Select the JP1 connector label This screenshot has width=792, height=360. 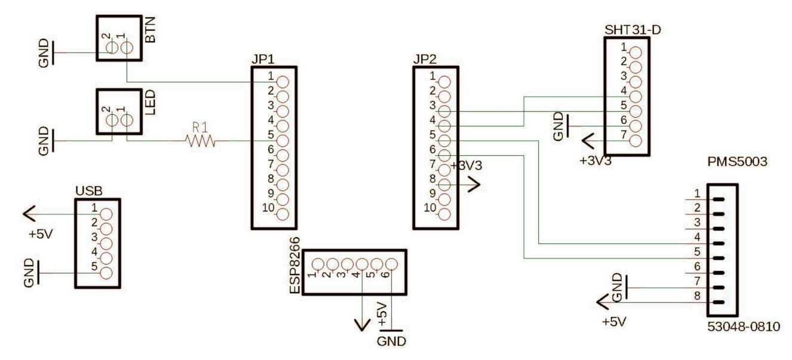point(263,61)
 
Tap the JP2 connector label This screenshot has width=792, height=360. point(424,61)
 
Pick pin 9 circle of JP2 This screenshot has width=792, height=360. point(444,199)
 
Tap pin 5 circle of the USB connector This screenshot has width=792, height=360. point(106,273)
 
